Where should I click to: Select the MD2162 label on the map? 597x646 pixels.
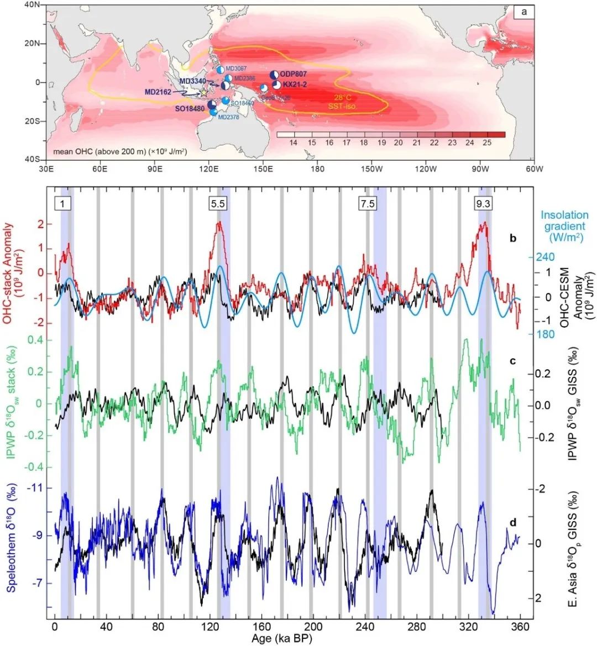pyautogui.click(x=158, y=92)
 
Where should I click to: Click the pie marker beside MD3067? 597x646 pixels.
pyautogui.click(x=220, y=70)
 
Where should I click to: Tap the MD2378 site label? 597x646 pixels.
pyautogui.click(x=229, y=117)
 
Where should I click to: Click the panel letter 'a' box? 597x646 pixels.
pyautogui.click(x=523, y=12)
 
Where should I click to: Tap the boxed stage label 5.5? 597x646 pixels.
pyautogui.click(x=218, y=203)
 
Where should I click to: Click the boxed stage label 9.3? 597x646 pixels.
pyautogui.click(x=483, y=203)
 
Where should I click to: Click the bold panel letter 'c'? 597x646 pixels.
pyautogui.click(x=512, y=361)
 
